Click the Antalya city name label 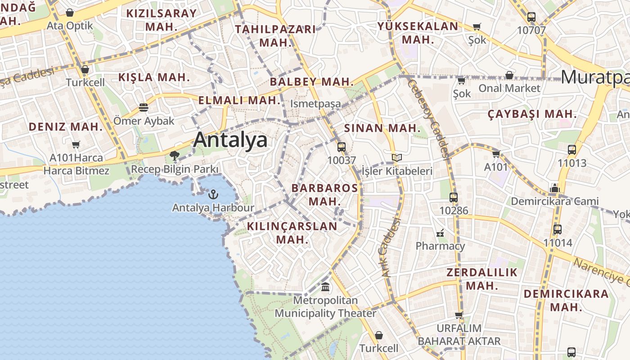[x=230, y=140]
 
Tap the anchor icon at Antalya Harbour [x=213, y=194]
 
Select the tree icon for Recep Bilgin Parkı [x=175, y=156]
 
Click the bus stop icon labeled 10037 [x=342, y=147]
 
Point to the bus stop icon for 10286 [x=454, y=197]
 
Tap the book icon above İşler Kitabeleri [x=397, y=158]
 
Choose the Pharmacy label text [x=440, y=246]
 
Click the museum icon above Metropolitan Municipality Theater [x=325, y=287]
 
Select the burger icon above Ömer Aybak [x=144, y=108]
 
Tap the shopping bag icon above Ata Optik [x=70, y=13]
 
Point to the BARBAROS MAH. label [x=324, y=194]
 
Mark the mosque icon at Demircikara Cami [x=554, y=188]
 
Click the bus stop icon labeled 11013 [x=572, y=150]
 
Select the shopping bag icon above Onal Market [x=509, y=75]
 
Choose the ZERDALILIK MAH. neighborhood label [x=482, y=279]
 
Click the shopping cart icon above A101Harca [x=76, y=145]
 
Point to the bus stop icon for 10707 [x=531, y=18]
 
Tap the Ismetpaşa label [x=315, y=103]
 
